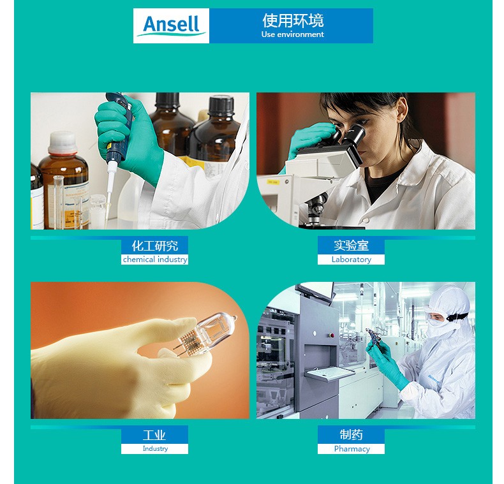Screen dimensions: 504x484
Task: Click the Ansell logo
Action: [x=172, y=26]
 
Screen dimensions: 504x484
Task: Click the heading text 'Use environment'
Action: [x=292, y=34]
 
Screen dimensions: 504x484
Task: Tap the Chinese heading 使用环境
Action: [x=293, y=20]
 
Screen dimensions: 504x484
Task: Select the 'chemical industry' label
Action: [x=155, y=260]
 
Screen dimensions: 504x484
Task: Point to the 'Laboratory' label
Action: [x=352, y=260]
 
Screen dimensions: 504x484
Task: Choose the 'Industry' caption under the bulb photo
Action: [x=155, y=448]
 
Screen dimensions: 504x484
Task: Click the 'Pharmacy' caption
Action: [x=352, y=449]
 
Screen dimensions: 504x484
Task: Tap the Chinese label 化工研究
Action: [x=155, y=246]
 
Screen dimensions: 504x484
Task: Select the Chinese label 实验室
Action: [x=351, y=246]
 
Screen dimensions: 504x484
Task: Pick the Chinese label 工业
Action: [x=154, y=435]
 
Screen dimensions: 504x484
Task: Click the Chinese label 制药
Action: [x=351, y=434]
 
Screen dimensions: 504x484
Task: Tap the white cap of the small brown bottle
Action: [x=63, y=142]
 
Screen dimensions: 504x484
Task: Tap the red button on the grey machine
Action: [x=331, y=335]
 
